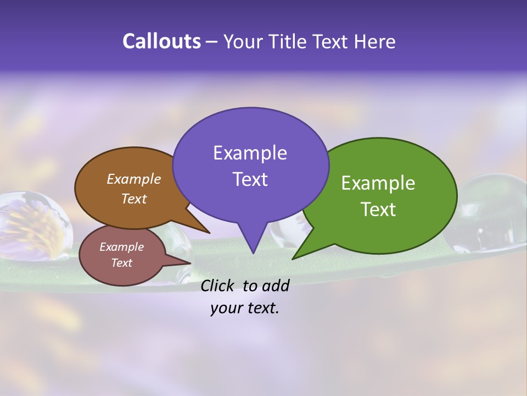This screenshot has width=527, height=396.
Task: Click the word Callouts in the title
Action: click(161, 41)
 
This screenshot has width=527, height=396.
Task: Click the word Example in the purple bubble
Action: click(250, 153)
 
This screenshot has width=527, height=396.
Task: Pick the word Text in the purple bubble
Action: click(250, 179)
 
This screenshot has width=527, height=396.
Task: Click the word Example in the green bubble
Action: click(378, 183)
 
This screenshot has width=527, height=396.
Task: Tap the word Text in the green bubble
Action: click(378, 209)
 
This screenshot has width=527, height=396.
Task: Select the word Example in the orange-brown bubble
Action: click(134, 179)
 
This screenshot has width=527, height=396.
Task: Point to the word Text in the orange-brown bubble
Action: click(134, 199)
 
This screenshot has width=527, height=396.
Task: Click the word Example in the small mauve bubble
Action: click(121, 247)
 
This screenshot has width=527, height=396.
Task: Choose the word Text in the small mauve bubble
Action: click(121, 263)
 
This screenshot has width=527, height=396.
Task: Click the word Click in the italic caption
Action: click(218, 285)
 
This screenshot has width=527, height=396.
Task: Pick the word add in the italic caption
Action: click(275, 285)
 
